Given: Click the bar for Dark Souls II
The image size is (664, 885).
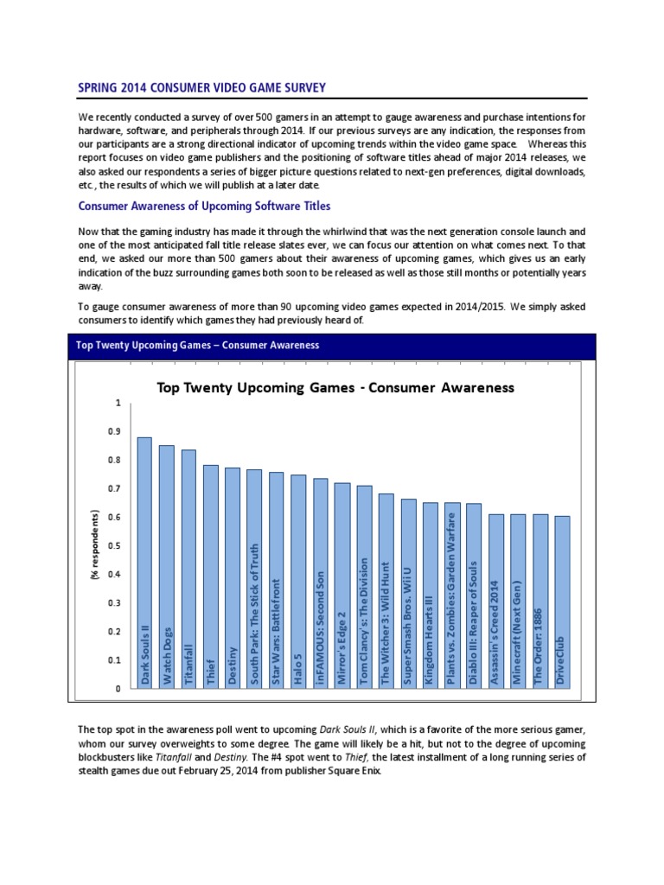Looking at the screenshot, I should tap(144, 562).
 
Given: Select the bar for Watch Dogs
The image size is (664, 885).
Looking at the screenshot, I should tap(167, 566).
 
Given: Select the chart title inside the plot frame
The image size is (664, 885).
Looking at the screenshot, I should tap(335, 387).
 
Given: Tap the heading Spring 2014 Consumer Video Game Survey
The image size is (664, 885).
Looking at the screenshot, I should tap(202, 88).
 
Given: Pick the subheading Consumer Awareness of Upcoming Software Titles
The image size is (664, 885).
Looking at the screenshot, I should tap(204, 207).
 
